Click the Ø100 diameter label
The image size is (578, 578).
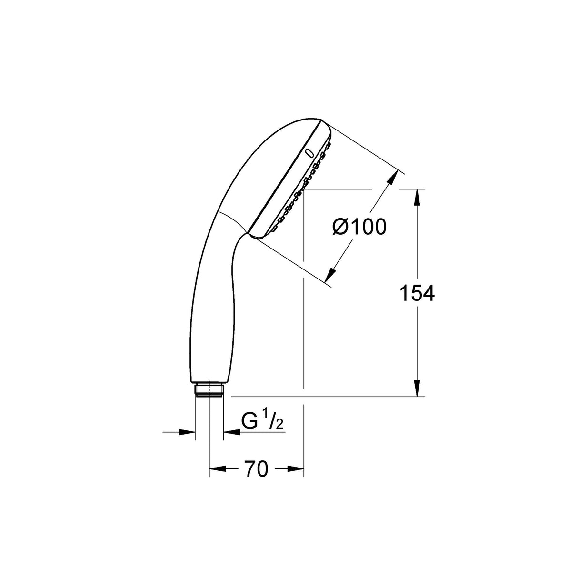tap(359, 228)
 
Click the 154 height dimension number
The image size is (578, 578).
tap(417, 293)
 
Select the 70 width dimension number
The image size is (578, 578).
tap(257, 469)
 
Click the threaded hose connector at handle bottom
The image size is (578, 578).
tap(209, 389)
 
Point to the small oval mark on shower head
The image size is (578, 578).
tap(309, 153)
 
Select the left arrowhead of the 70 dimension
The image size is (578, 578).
tap(217, 469)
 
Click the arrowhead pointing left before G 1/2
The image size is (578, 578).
tap(231, 432)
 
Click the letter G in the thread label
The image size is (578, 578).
tap(249, 422)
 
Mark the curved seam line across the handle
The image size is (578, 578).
tap(233, 220)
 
